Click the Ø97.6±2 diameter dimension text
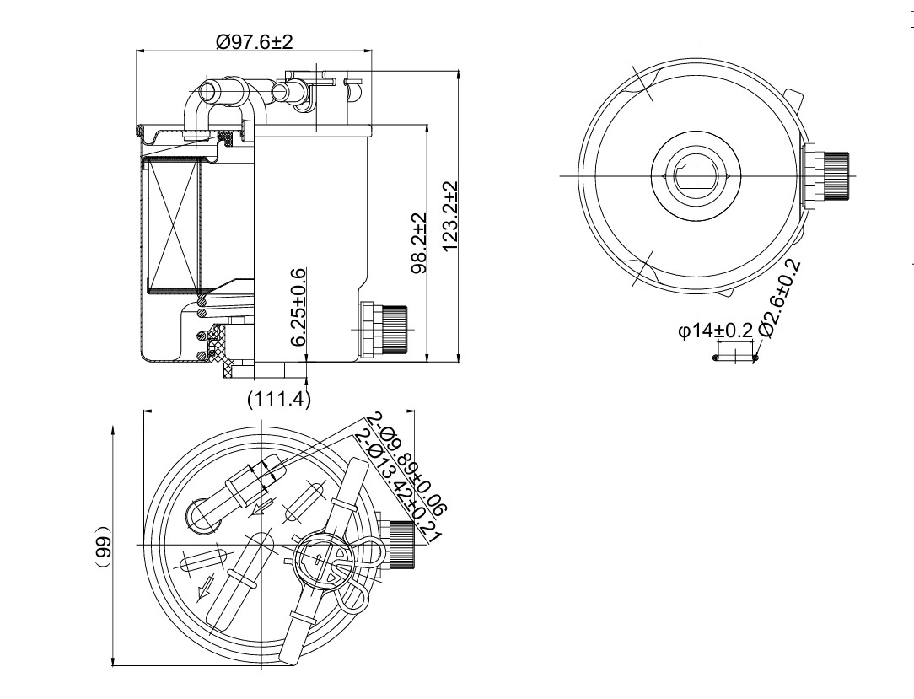pyautogui.click(x=254, y=41)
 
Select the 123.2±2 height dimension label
pyautogui.click(x=450, y=217)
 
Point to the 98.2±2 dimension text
pyautogui.click(x=418, y=243)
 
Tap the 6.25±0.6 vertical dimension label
pyautogui.click(x=298, y=307)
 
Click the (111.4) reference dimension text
pyautogui.click(x=279, y=400)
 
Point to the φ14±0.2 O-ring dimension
pyautogui.click(x=715, y=331)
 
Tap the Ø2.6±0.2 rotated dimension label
pyautogui.click(x=781, y=298)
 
